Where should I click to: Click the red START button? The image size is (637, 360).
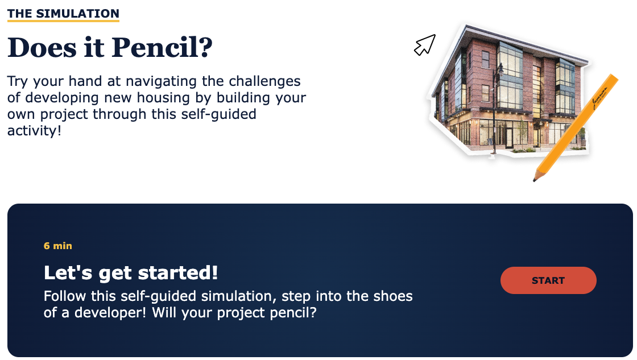[548, 280]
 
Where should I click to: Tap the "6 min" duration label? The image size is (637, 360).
[57, 246]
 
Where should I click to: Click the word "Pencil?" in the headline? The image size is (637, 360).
[162, 48]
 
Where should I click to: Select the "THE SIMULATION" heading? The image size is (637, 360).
[63, 14]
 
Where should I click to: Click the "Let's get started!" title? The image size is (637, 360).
[131, 272]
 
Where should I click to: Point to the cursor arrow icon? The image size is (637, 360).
[424, 45]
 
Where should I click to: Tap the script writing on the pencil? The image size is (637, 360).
[600, 98]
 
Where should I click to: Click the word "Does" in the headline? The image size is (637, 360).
[42, 48]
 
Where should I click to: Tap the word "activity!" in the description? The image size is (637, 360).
[34, 130]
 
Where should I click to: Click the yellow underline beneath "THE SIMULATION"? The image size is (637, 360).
[63, 20]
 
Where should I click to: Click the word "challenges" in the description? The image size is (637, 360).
[264, 82]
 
